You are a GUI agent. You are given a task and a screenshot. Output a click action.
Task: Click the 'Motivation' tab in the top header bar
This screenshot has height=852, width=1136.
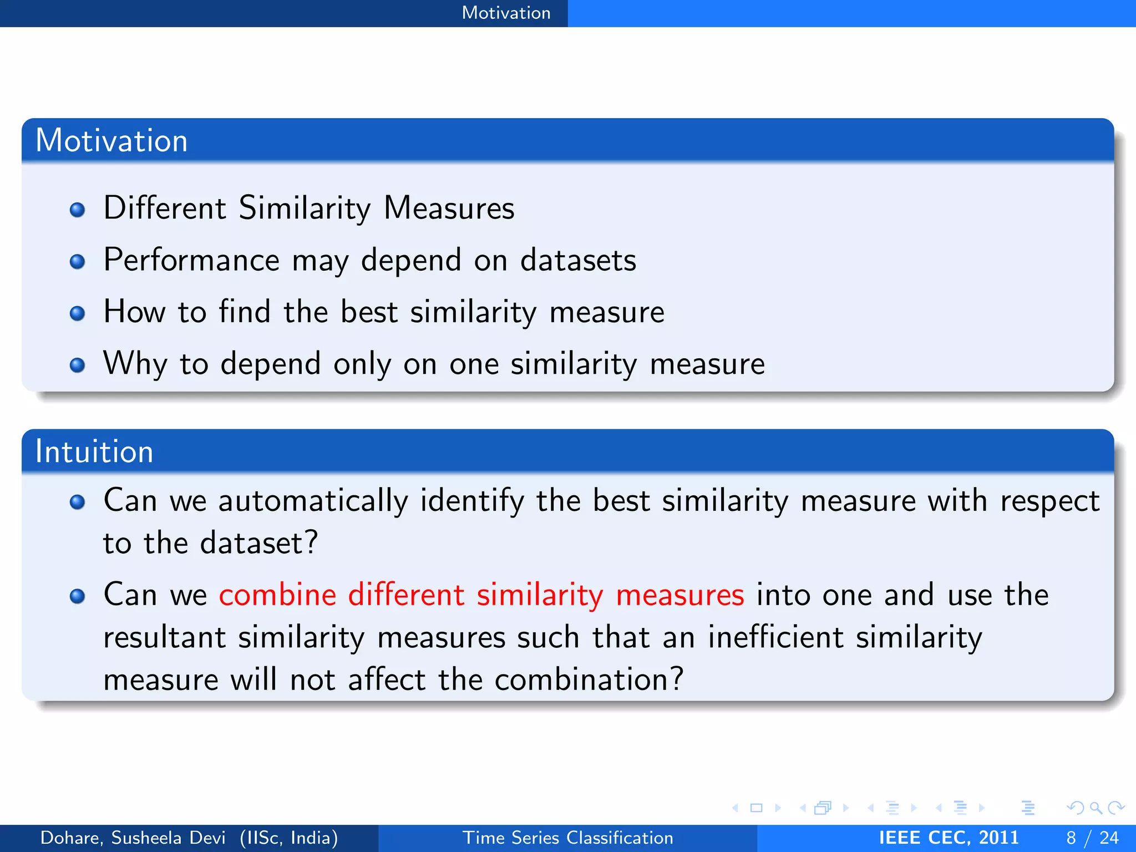[506, 13]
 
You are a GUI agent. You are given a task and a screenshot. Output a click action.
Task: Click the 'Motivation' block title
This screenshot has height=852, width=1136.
[111, 140]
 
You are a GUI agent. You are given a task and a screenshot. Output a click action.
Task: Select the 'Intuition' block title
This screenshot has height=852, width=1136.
[94, 451]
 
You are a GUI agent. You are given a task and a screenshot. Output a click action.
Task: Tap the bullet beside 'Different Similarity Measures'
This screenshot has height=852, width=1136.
[77, 210]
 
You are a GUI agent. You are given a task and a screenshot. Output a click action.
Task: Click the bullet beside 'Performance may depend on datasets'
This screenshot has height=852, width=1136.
[77, 261]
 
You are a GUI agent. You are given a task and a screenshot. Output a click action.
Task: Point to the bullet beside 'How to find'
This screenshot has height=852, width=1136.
[77, 313]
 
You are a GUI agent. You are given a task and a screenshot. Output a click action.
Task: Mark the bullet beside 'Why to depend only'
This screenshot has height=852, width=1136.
[77, 365]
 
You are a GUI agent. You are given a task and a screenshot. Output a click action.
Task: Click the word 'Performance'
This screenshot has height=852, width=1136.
[191, 260]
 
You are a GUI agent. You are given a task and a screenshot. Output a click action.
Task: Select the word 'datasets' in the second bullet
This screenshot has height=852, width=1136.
[578, 260]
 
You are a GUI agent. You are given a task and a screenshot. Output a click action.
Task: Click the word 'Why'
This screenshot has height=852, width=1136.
[135, 364]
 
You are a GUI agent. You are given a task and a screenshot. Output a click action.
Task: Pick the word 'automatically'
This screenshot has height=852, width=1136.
[313, 500]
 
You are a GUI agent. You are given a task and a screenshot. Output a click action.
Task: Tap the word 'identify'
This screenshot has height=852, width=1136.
[471, 500]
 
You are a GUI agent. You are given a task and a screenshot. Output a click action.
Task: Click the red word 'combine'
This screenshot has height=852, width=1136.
[277, 595]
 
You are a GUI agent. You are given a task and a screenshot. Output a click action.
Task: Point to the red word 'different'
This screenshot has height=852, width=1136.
[406, 595]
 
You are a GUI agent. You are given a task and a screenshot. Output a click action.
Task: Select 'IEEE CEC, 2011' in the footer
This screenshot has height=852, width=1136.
[949, 838]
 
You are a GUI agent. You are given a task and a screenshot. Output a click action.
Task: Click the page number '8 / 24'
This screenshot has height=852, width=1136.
[1092, 838]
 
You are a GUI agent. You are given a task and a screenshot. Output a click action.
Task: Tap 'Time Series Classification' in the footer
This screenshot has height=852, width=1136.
[568, 838]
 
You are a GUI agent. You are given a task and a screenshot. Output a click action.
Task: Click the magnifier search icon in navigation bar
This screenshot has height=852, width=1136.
[1095, 808]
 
